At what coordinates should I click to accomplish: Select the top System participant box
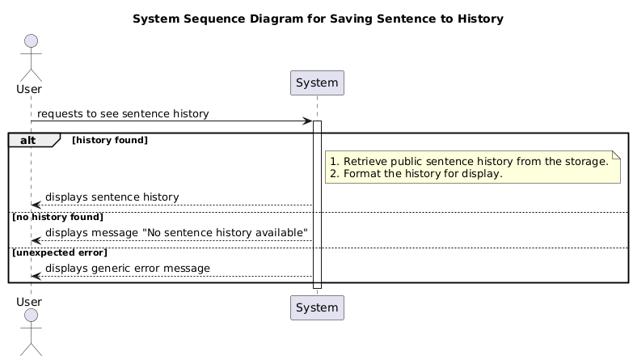point(317,83)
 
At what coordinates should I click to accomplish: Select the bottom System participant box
point(317,307)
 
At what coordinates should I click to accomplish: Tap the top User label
point(30,88)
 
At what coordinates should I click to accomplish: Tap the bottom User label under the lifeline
point(30,301)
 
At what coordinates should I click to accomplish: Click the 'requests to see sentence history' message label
point(123,114)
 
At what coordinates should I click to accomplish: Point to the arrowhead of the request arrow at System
point(308,121)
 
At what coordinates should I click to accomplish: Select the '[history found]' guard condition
point(110,140)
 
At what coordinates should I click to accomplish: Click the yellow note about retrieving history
point(472,167)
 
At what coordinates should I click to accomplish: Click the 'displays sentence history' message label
point(112,197)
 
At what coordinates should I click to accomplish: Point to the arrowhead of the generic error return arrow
point(35,276)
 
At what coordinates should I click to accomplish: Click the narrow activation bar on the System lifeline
point(317,202)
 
